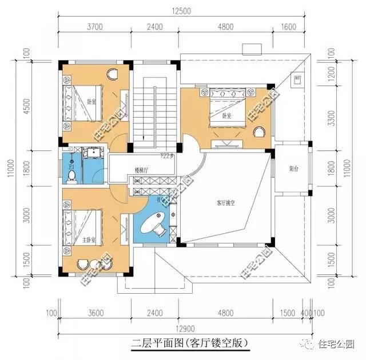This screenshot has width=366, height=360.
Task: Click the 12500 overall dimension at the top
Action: pyautogui.click(x=185, y=11)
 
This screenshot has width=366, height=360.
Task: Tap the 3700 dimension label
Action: pyautogui.click(x=94, y=26)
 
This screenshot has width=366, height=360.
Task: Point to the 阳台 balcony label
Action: pyautogui.click(x=293, y=169)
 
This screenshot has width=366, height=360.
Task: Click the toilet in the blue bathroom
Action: pyautogui.click(x=71, y=175)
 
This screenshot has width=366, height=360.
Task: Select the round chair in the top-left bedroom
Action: pyautogui.click(x=112, y=73)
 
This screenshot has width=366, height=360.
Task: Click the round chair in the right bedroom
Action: pyautogui.click(x=259, y=133)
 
